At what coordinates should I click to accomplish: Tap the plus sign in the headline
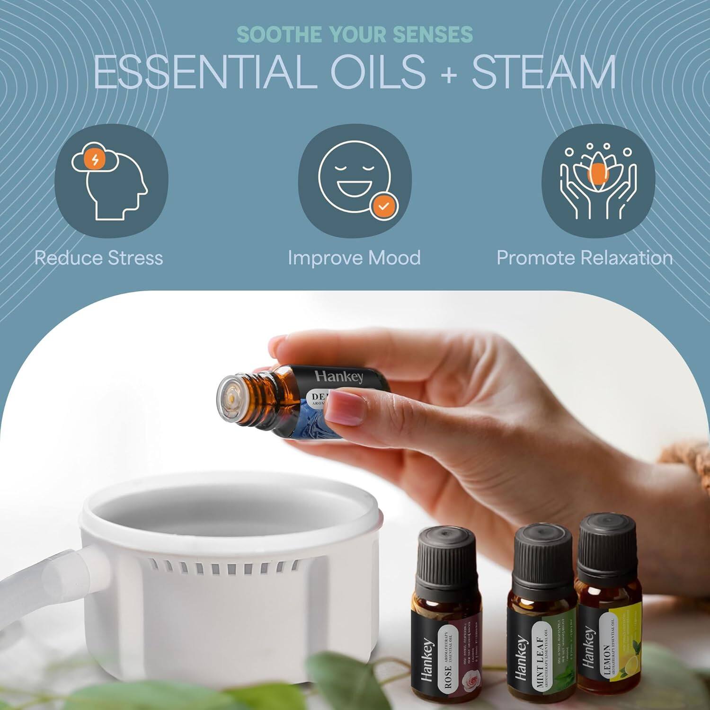tap(448, 74)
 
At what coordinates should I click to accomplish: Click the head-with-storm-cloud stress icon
tap(111, 181)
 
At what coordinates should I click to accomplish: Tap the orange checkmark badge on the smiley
tap(384, 206)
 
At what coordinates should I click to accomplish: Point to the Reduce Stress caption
tap(98, 258)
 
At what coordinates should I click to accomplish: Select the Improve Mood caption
tap(354, 258)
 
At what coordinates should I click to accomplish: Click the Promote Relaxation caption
tap(584, 258)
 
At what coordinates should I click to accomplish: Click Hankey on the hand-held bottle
tap(339, 377)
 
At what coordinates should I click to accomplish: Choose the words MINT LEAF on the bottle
tap(541, 660)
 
